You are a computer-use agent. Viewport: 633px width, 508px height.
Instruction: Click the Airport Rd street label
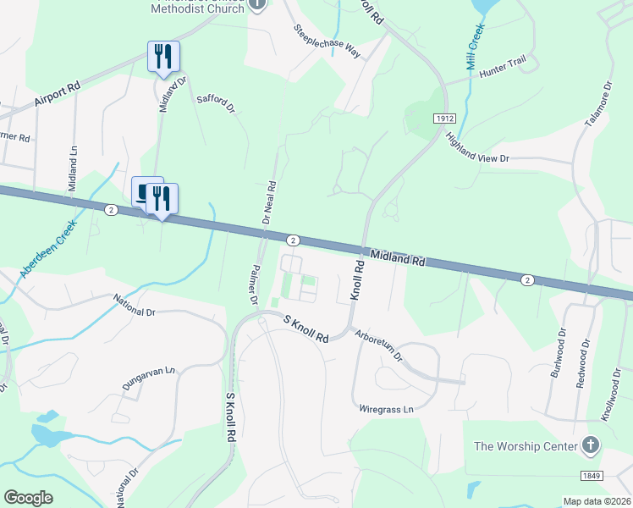point(58,93)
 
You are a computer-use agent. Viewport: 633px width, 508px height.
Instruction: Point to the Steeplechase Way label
point(328,41)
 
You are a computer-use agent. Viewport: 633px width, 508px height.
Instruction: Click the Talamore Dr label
point(597,105)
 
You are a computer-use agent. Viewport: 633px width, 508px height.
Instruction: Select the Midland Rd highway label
point(396,259)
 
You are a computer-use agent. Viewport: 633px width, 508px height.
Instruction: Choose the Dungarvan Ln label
point(148,378)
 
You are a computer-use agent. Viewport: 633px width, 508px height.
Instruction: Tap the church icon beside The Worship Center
point(591,445)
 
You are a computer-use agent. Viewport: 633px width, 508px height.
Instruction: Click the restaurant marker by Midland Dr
point(161,58)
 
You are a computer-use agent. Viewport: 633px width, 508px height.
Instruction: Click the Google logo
point(29,498)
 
